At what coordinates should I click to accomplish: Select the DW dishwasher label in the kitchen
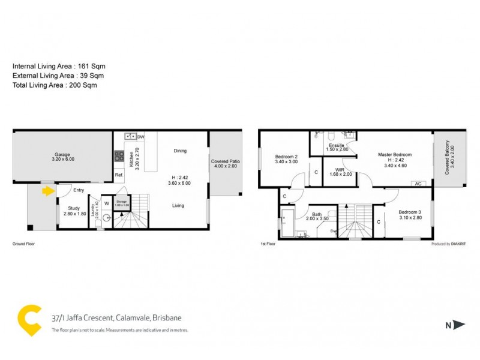coord(140,136)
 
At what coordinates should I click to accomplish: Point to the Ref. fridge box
coord(119,175)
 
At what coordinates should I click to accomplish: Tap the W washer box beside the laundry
coord(106,203)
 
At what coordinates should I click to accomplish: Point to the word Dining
coord(179,151)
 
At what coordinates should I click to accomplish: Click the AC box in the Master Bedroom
coord(418,184)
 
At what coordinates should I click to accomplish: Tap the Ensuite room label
coord(336,146)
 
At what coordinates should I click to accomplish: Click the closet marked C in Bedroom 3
coord(379,222)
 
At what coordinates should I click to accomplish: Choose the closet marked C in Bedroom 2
coord(316,173)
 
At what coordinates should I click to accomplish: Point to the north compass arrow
coord(459,325)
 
